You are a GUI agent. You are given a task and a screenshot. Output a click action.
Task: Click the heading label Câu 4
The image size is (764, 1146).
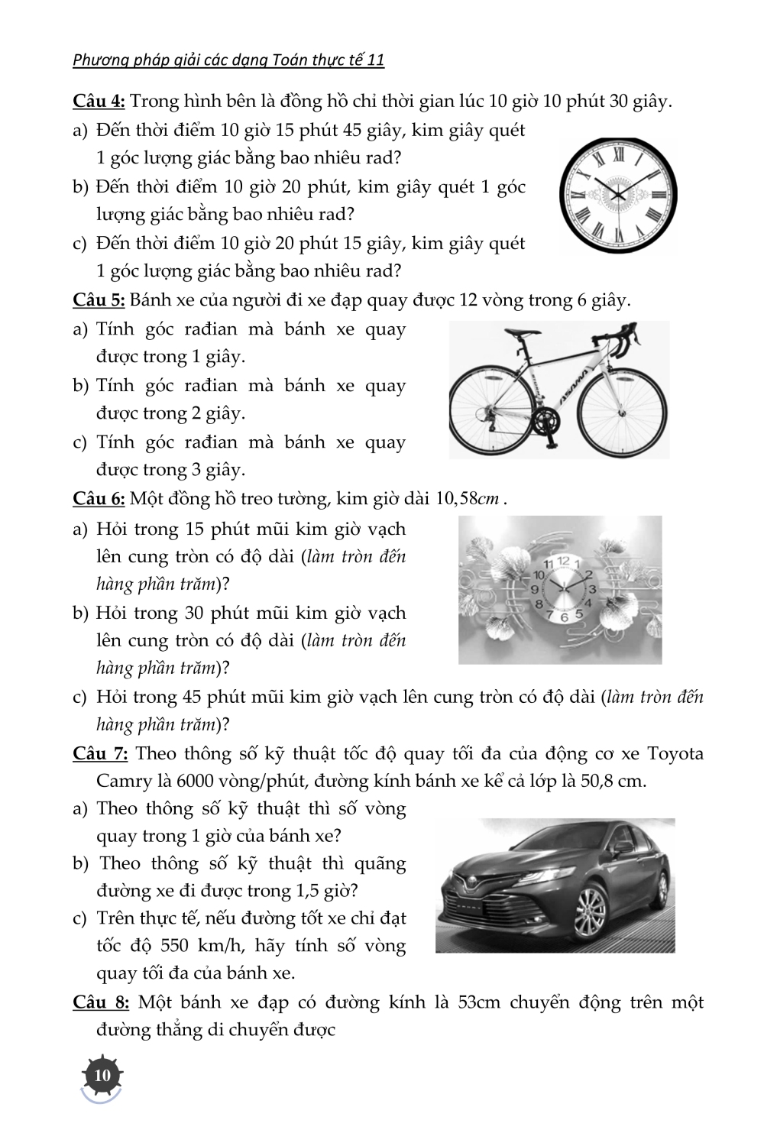[x=99, y=102]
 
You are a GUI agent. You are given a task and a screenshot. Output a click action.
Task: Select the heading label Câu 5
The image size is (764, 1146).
[x=99, y=300]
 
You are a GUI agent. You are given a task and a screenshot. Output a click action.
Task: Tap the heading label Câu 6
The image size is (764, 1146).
[x=99, y=499]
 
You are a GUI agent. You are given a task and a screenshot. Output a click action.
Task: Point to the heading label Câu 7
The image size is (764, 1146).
[x=100, y=754]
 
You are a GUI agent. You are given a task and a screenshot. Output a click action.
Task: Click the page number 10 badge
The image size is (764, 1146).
[x=102, y=1076]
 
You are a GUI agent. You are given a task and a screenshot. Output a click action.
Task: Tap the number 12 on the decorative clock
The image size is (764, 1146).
[x=564, y=562]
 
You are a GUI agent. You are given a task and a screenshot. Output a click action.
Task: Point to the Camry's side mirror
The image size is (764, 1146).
[x=623, y=847]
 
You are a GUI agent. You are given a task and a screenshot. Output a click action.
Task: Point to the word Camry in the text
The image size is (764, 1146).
[x=123, y=782]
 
